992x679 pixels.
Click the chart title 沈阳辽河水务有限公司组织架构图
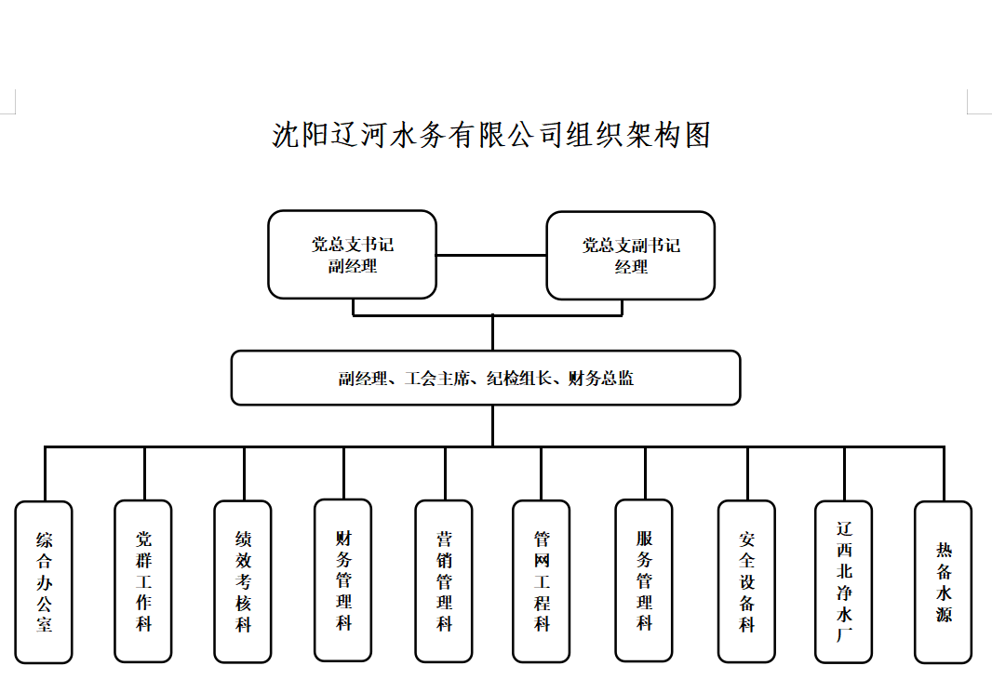tap(491, 136)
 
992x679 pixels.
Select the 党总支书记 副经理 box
tap(352, 255)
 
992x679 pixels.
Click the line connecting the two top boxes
tap(491, 255)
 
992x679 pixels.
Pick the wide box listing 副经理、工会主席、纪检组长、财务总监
tap(486, 378)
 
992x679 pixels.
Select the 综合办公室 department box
tap(44, 581)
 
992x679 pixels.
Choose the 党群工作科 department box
tap(143, 580)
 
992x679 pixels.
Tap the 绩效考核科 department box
tap(243, 581)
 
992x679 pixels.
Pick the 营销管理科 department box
tap(444, 580)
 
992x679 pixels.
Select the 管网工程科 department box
tap(542, 580)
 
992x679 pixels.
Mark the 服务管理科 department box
tap(644, 580)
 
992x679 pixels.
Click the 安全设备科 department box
tap(746, 581)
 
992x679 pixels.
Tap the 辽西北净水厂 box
tap(844, 581)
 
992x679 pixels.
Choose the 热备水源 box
tap(944, 581)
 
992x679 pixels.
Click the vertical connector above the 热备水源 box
tap(944, 473)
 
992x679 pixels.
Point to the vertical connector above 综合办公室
tap(45, 473)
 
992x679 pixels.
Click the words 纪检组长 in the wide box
tap(521, 379)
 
